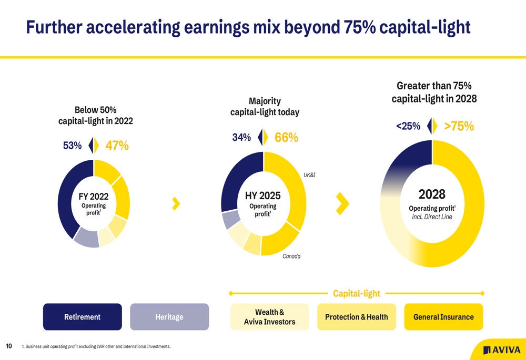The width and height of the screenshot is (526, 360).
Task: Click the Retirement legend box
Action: (x=82, y=317)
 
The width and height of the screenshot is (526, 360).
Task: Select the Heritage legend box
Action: (x=169, y=317)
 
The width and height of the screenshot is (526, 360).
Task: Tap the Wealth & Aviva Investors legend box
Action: (x=269, y=317)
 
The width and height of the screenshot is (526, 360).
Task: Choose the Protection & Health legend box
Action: (x=356, y=317)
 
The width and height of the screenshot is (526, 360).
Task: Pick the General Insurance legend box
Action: (x=443, y=317)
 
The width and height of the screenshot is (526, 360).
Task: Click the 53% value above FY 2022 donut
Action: (x=72, y=146)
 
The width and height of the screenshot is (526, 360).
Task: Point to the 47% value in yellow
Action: (x=117, y=146)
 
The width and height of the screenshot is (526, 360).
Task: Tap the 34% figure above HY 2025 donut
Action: (x=241, y=138)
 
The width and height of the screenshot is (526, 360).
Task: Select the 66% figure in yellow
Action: (x=286, y=138)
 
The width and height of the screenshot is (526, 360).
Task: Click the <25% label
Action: (x=408, y=126)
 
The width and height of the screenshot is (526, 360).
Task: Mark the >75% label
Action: (x=459, y=126)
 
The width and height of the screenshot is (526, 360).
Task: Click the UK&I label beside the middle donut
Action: (x=309, y=174)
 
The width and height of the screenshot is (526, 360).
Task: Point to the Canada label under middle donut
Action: (x=291, y=256)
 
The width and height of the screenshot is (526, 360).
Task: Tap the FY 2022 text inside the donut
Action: (x=94, y=197)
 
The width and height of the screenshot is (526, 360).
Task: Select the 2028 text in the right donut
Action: (x=432, y=194)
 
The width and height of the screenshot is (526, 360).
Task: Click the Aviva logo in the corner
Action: (x=502, y=350)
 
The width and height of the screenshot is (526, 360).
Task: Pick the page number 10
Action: (x=9, y=346)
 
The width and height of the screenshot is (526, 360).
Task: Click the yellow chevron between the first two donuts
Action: (x=176, y=204)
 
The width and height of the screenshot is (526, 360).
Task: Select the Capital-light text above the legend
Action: (x=356, y=293)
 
